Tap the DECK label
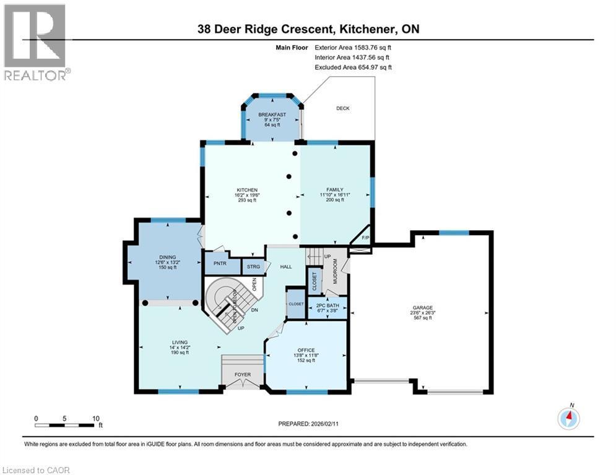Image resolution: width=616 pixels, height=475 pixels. pos(342,108)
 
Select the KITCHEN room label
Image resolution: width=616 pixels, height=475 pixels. pos(246,190)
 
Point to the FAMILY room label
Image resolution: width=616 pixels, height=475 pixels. pos(334,190)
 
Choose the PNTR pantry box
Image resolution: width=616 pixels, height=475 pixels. pos(217,263)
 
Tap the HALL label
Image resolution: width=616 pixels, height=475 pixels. pos(285,267)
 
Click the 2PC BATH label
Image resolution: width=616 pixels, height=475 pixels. pos(328,306)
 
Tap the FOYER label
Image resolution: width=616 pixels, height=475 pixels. pos(242,374)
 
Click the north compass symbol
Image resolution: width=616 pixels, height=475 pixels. pos(568,419)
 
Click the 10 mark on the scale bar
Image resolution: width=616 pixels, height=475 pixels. pos(95,418)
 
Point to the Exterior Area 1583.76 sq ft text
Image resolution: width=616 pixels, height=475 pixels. pos(353,47)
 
